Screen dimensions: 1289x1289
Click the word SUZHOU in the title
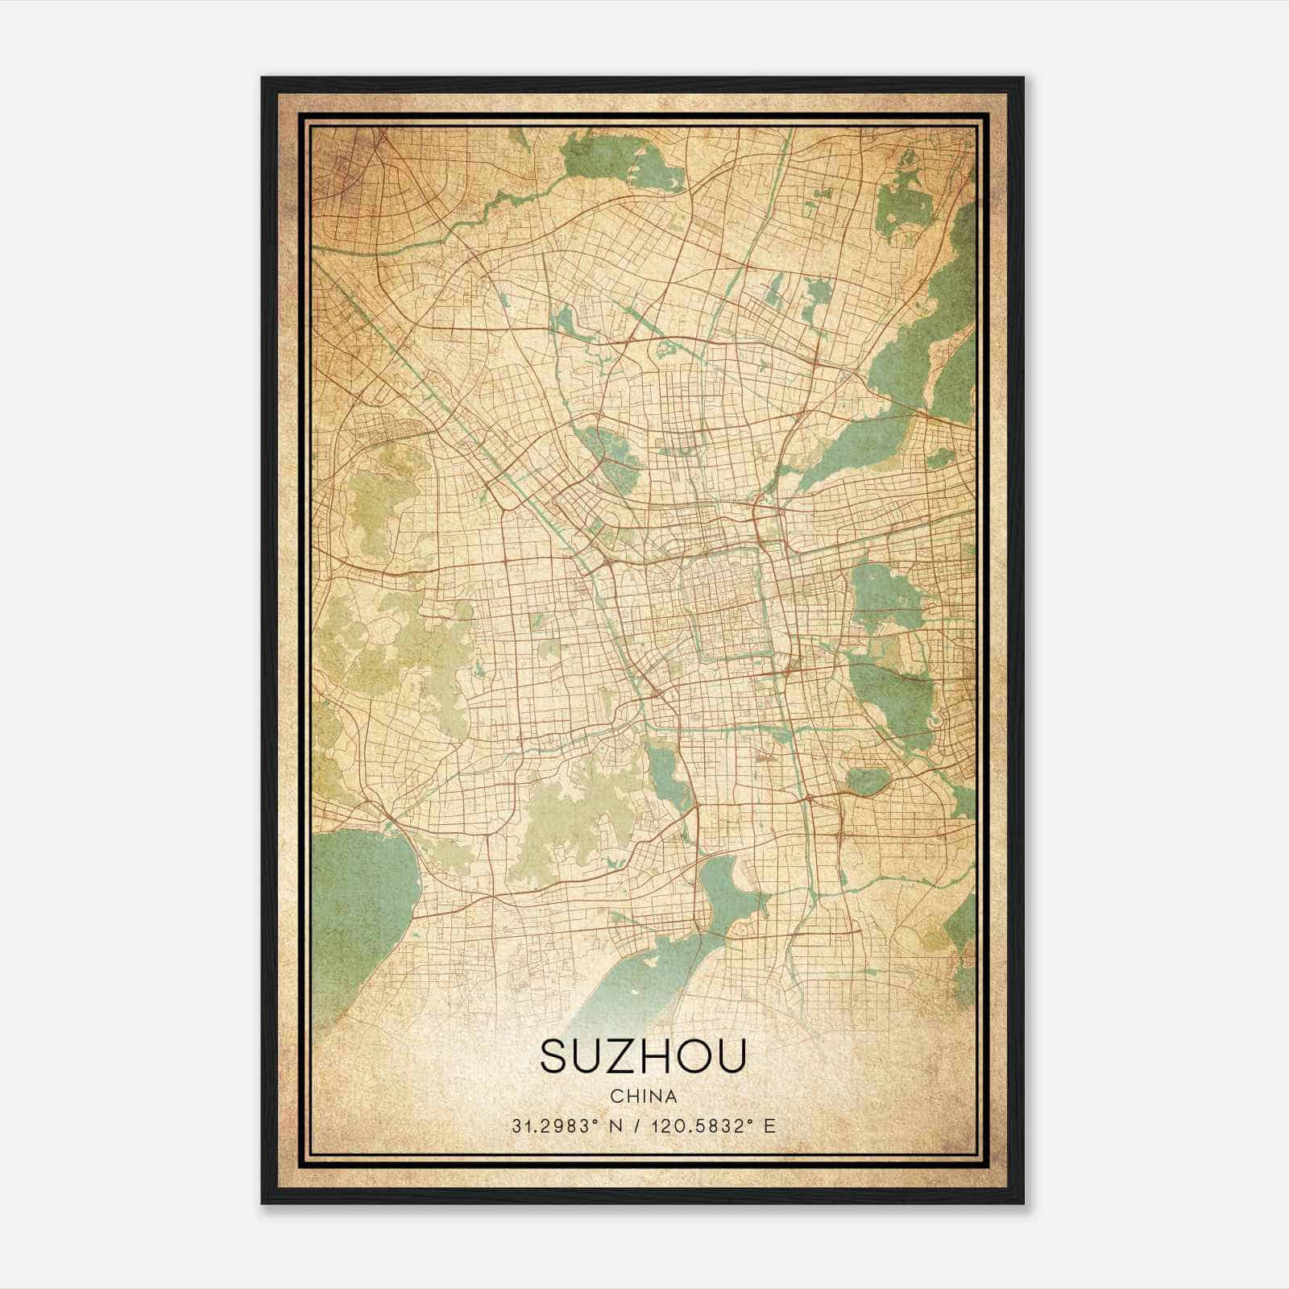[643, 1056]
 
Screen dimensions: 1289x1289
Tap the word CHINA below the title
[643, 1096]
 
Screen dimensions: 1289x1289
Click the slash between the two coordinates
[640, 1126]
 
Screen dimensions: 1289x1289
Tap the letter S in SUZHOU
[554, 1056]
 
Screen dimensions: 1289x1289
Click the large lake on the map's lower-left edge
[363, 902]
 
